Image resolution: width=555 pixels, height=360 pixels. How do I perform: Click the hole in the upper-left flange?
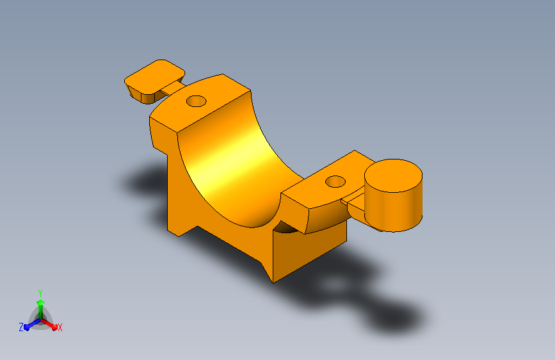pyautogui.click(x=196, y=101)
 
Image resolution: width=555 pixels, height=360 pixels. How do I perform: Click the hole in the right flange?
pyautogui.click(x=335, y=182)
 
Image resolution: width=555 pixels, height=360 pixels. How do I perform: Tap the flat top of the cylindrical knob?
pyautogui.click(x=393, y=176)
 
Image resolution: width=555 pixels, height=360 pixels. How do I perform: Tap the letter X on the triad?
pyautogui.click(x=60, y=328)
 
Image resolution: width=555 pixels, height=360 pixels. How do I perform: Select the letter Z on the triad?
pyautogui.click(x=21, y=327)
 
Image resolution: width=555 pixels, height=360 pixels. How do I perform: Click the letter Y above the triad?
pyautogui.click(x=40, y=293)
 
